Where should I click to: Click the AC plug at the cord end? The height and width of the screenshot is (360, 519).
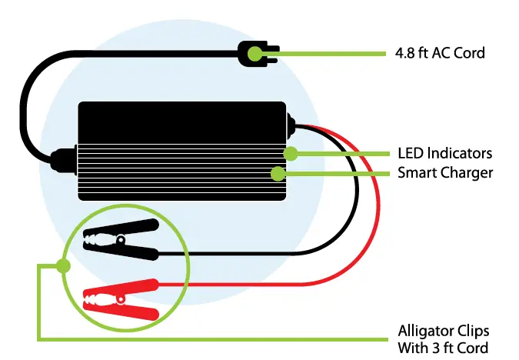click(x=255, y=53)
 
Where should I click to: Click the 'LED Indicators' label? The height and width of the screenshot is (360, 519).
click(x=444, y=153)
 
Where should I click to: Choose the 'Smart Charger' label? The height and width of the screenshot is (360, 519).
click(x=444, y=173)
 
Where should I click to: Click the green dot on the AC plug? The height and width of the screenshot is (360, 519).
click(x=273, y=54)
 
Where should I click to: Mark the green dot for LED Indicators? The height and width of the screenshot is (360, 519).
click(x=290, y=153)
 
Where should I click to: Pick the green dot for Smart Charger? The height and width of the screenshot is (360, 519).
click(x=276, y=173)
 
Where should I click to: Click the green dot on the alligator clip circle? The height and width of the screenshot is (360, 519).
click(x=63, y=266)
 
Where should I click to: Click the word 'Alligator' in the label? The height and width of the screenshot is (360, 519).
click(x=424, y=331)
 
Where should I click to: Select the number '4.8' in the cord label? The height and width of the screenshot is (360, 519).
click(x=408, y=54)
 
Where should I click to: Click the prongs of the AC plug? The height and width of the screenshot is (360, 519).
click(x=268, y=53)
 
